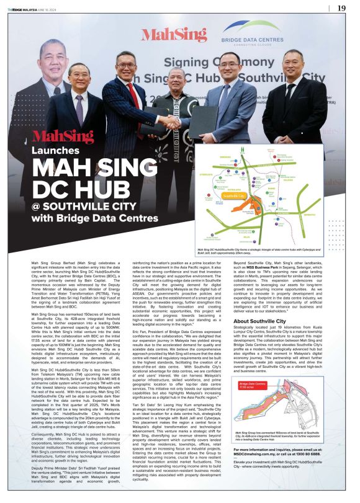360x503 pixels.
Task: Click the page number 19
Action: pos(341,8)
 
